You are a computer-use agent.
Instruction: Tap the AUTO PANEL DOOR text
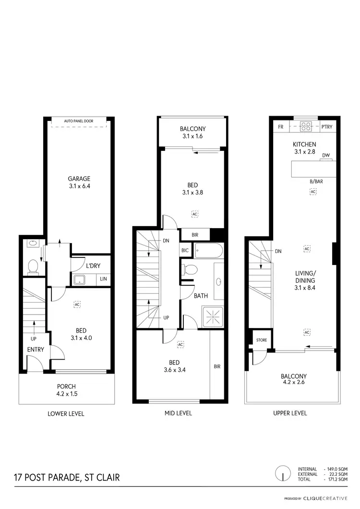coord(79,121)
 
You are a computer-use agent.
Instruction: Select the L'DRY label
coord(92,266)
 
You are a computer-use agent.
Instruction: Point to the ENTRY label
coord(36,349)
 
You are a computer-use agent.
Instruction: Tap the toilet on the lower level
coord(33,267)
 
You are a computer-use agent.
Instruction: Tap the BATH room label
coord(201,296)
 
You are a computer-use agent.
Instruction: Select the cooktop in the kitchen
coord(306,127)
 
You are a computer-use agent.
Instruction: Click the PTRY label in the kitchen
coord(326,127)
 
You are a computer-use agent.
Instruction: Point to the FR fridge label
coord(280,127)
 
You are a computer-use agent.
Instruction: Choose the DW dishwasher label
coord(326,155)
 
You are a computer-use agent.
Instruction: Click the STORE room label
coord(262,340)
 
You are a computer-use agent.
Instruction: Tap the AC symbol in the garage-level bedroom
coord(76,304)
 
